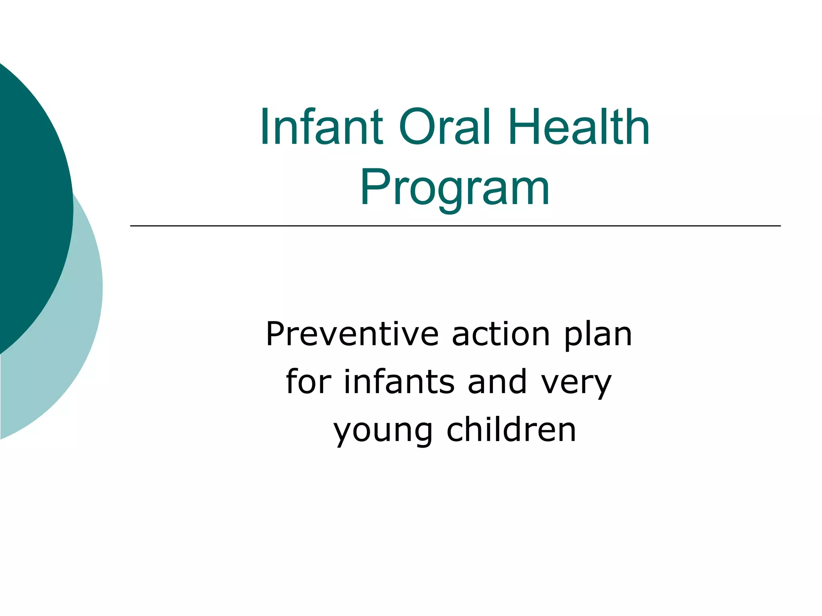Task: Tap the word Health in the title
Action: [579, 128]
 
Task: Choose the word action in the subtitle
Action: [501, 334]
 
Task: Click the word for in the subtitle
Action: [309, 381]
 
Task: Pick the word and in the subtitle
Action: [497, 381]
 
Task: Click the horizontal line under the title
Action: [455, 226]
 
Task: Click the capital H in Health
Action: [525, 128]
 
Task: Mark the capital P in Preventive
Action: [276, 334]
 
